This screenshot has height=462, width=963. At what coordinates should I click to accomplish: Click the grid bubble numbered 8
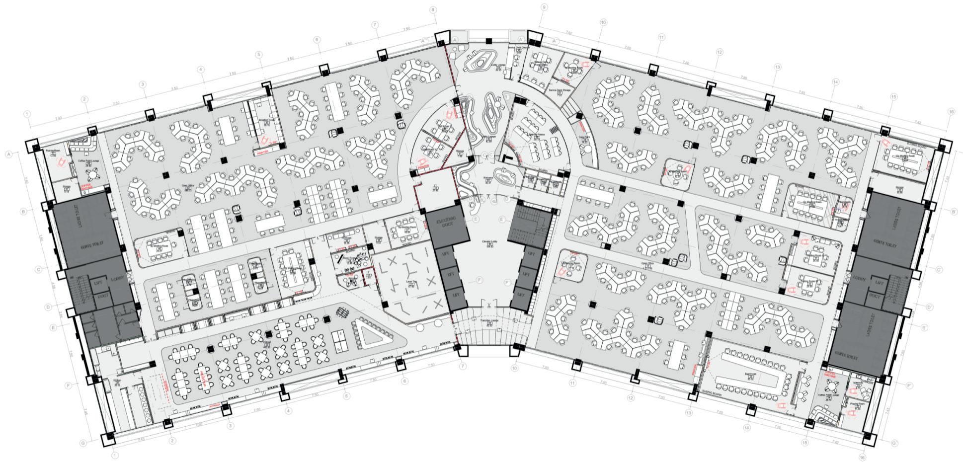(433, 9)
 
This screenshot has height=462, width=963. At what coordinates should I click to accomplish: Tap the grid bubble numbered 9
(544, 7)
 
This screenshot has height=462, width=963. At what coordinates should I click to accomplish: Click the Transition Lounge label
(489, 321)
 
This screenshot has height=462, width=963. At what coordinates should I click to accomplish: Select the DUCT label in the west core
(102, 296)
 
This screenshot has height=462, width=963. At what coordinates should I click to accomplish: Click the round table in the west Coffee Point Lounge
(92, 174)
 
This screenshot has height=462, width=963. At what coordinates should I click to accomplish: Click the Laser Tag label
(411, 281)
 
